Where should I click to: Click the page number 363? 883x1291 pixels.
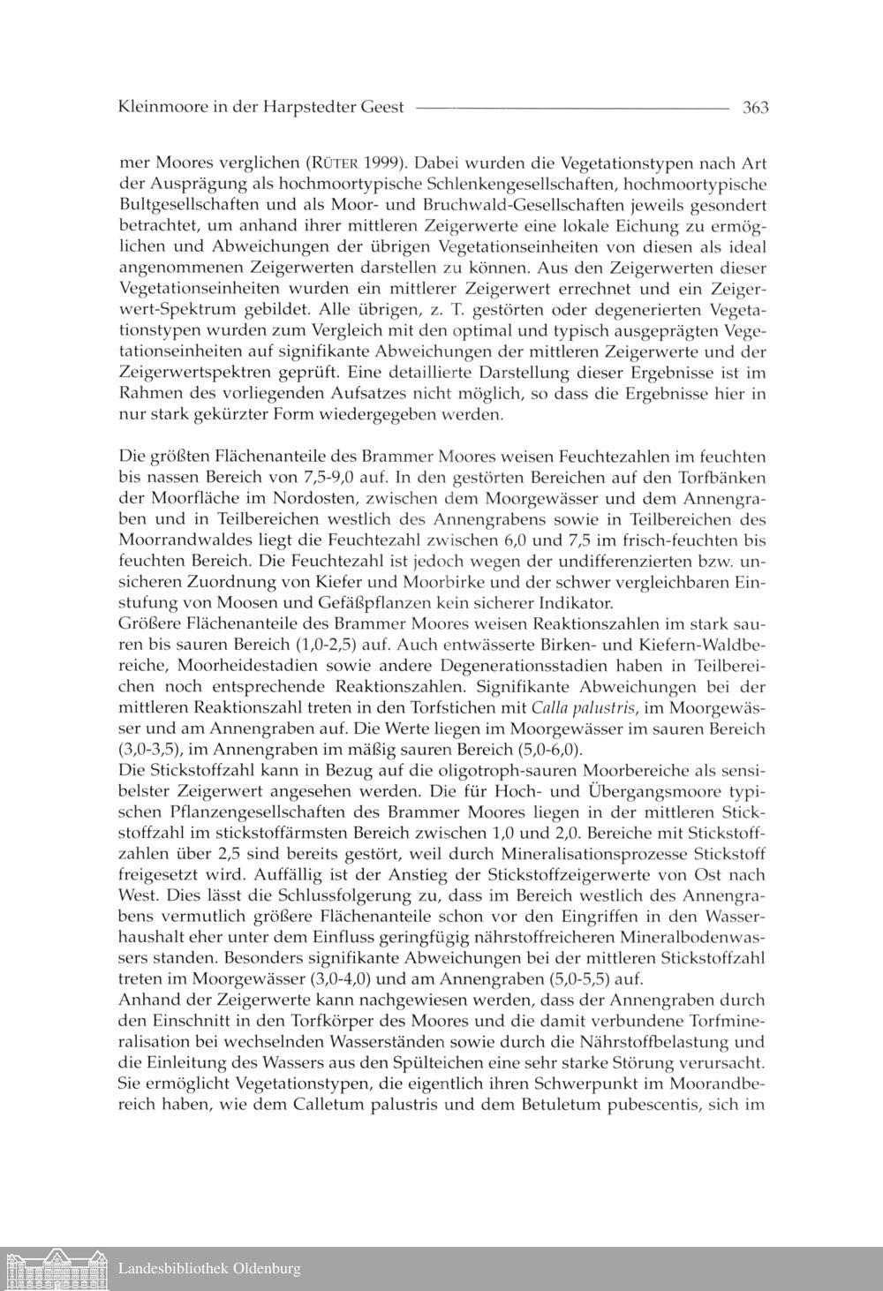click(756, 108)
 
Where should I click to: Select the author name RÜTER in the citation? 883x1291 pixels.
click(332, 163)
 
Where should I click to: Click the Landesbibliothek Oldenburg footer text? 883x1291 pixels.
click(209, 1269)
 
